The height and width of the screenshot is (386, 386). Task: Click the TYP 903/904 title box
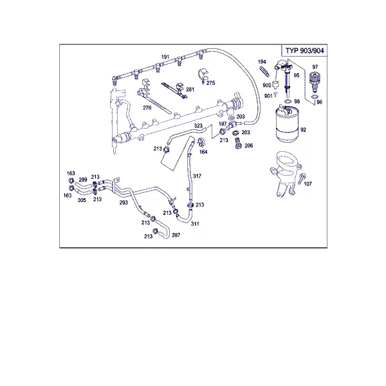click(304, 50)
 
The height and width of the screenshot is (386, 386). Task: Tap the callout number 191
click(165, 57)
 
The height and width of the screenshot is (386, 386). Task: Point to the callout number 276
click(147, 107)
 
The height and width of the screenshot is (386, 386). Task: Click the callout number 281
click(190, 89)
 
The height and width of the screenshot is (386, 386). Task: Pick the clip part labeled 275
click(203, 75)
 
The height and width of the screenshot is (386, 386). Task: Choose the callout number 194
click(262, 62)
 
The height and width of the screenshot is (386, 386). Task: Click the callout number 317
click(197, 176)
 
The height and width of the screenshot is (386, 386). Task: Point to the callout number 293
click(124, 203)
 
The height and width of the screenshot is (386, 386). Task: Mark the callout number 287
click(176, 235)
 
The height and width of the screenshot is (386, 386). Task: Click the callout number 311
click(195, 223)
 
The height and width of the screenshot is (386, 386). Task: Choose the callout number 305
click(82, 200)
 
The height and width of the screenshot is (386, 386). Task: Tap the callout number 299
click(83, 179)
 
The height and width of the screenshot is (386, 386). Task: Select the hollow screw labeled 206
click(238, 143)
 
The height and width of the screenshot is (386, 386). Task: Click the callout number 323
click(198, 126)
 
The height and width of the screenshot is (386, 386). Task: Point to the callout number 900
click(267, 85)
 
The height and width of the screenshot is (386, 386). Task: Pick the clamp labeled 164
click(201, 142)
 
